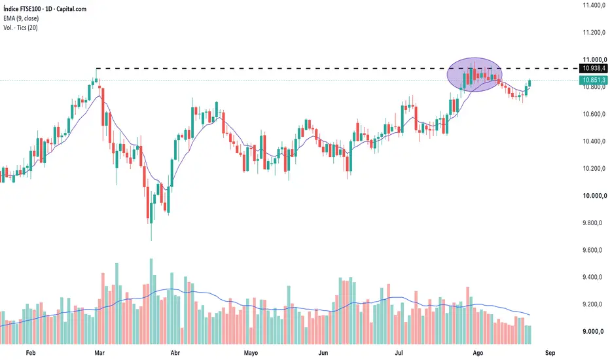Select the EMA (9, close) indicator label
[x=21, y=18]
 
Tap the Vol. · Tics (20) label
[x=21, y=27]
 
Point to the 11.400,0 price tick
[x=594, y=5]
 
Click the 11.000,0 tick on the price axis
[x=594, y=60]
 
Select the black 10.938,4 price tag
[x=594, y=69]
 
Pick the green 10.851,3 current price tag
[x=594, y=80]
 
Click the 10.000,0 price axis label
[x=594, y=196]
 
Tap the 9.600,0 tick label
[x=594, y=250]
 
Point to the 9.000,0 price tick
[x=593, y=332]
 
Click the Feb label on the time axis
[x=30, y=353]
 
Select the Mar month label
[x=99, y=353]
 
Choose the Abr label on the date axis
[x=175, y=353]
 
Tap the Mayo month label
[x=251, y=353]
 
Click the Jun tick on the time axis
[x=323, y=353]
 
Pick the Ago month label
[x=478, y=353]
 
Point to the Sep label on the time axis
[x=550, y=353]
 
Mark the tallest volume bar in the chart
[x=151, y=301]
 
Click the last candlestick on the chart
[x=529, y=83]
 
